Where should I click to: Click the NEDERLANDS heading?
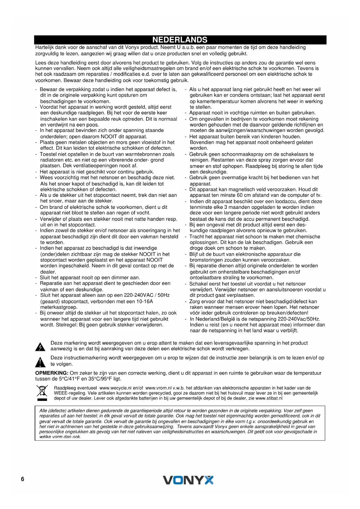pos(180,40)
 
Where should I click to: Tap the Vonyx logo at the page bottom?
pos(188,480)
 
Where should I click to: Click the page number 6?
pos(23,479)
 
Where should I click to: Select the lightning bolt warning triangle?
pos(40,347)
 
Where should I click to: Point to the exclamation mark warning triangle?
pos(40,362)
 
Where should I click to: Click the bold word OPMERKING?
pos(52,373)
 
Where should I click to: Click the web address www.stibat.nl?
pos(269,398)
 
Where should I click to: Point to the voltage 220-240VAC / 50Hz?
pos(147,295)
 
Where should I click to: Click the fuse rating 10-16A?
pos(144,301)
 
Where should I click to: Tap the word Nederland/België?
pos(215,319)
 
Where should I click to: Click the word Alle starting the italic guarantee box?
pos(43,411)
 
